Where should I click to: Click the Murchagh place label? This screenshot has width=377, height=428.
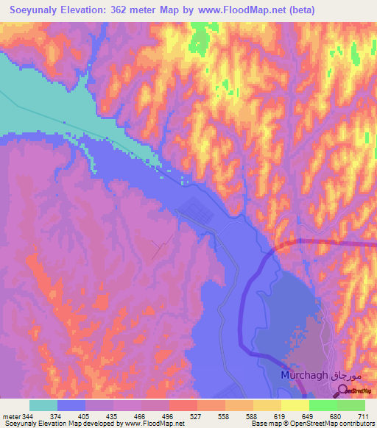point(303,376)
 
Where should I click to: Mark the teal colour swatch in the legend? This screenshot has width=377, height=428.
point(43,405)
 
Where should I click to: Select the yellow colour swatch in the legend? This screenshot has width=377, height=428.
point(295,405)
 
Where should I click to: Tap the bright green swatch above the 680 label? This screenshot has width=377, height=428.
point(323,405)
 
